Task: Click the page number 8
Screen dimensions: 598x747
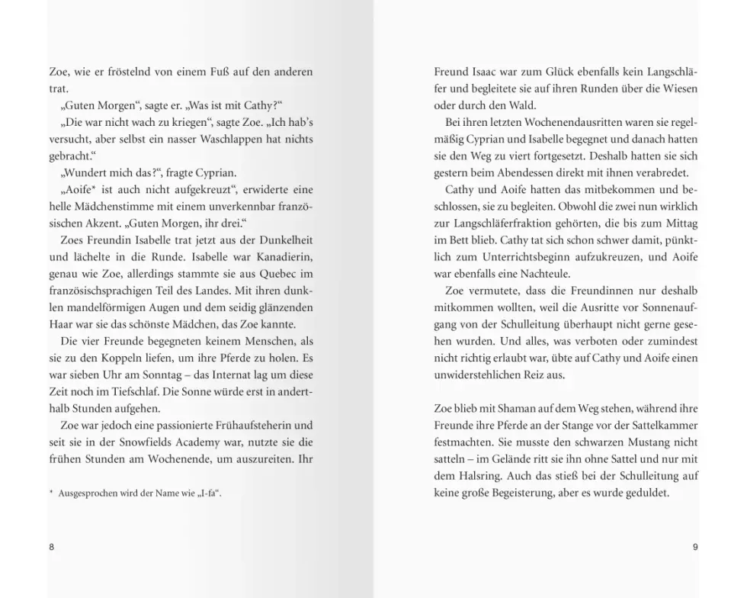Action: coord(51,547)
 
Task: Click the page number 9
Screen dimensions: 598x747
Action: coord(695,547)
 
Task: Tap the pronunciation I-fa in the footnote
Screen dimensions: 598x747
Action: coord(209,494)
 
